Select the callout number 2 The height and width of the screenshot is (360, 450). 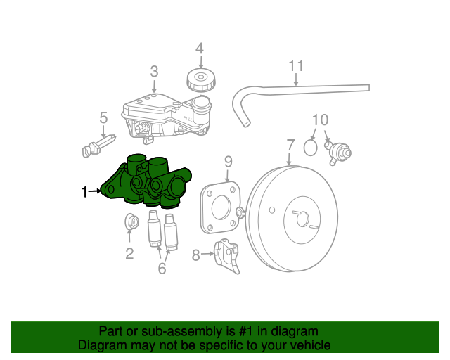point(129,253)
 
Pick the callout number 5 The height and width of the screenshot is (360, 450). point(103,117)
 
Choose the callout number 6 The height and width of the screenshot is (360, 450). point(162,268)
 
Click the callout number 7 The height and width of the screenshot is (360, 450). point(290,146)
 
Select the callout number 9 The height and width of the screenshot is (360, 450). point(228,162)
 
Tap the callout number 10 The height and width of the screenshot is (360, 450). point(320,120)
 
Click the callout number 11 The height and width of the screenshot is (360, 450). point(296,66)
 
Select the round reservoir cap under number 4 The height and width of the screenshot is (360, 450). point(200,79)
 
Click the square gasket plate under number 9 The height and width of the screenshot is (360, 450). point(220,208)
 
